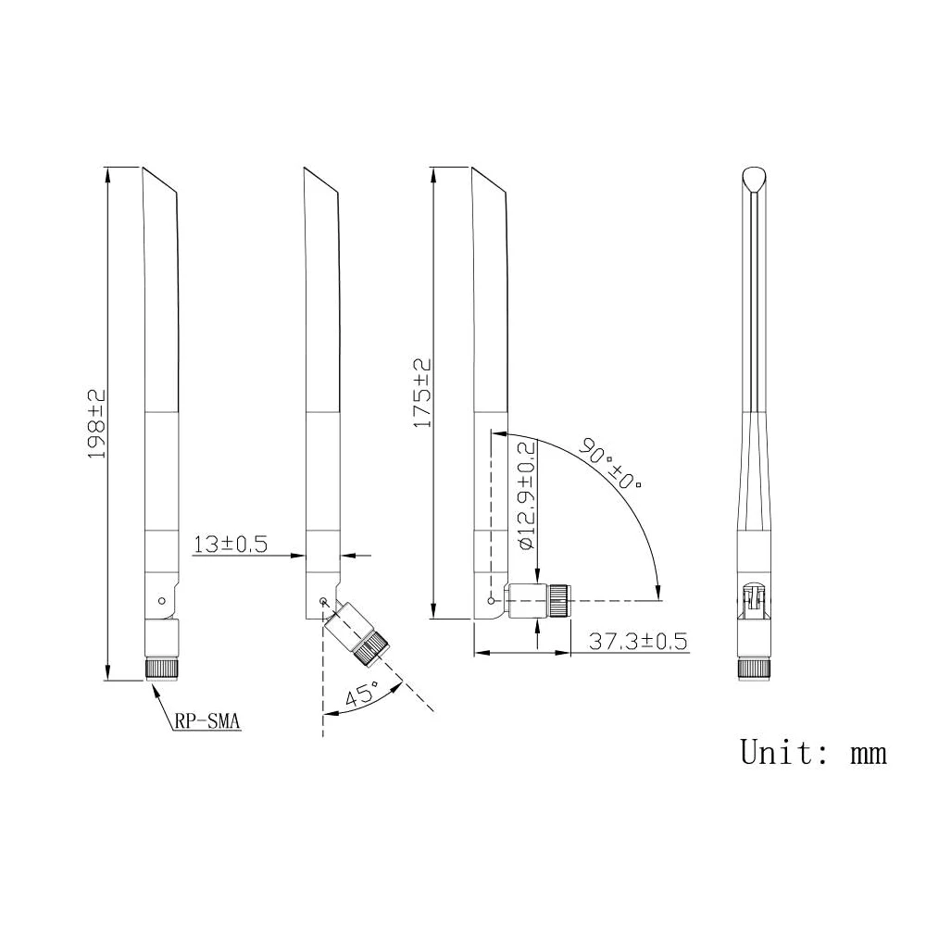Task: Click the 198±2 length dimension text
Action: click(x=96, y=423)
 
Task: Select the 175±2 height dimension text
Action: click(x=422, y=393)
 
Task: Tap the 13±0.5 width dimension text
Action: click(x=231, y=544)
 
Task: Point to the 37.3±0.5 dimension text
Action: click(x=638, y=641)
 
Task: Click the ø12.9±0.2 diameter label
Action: click(x=527, y=496)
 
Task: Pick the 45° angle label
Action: click(x=361, y=694)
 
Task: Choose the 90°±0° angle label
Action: click(x=610, y=464)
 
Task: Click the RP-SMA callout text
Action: click(x=206, y=721)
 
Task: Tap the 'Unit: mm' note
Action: click(x=813, y=752)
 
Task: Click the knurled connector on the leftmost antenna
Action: click(x=162, y=669)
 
